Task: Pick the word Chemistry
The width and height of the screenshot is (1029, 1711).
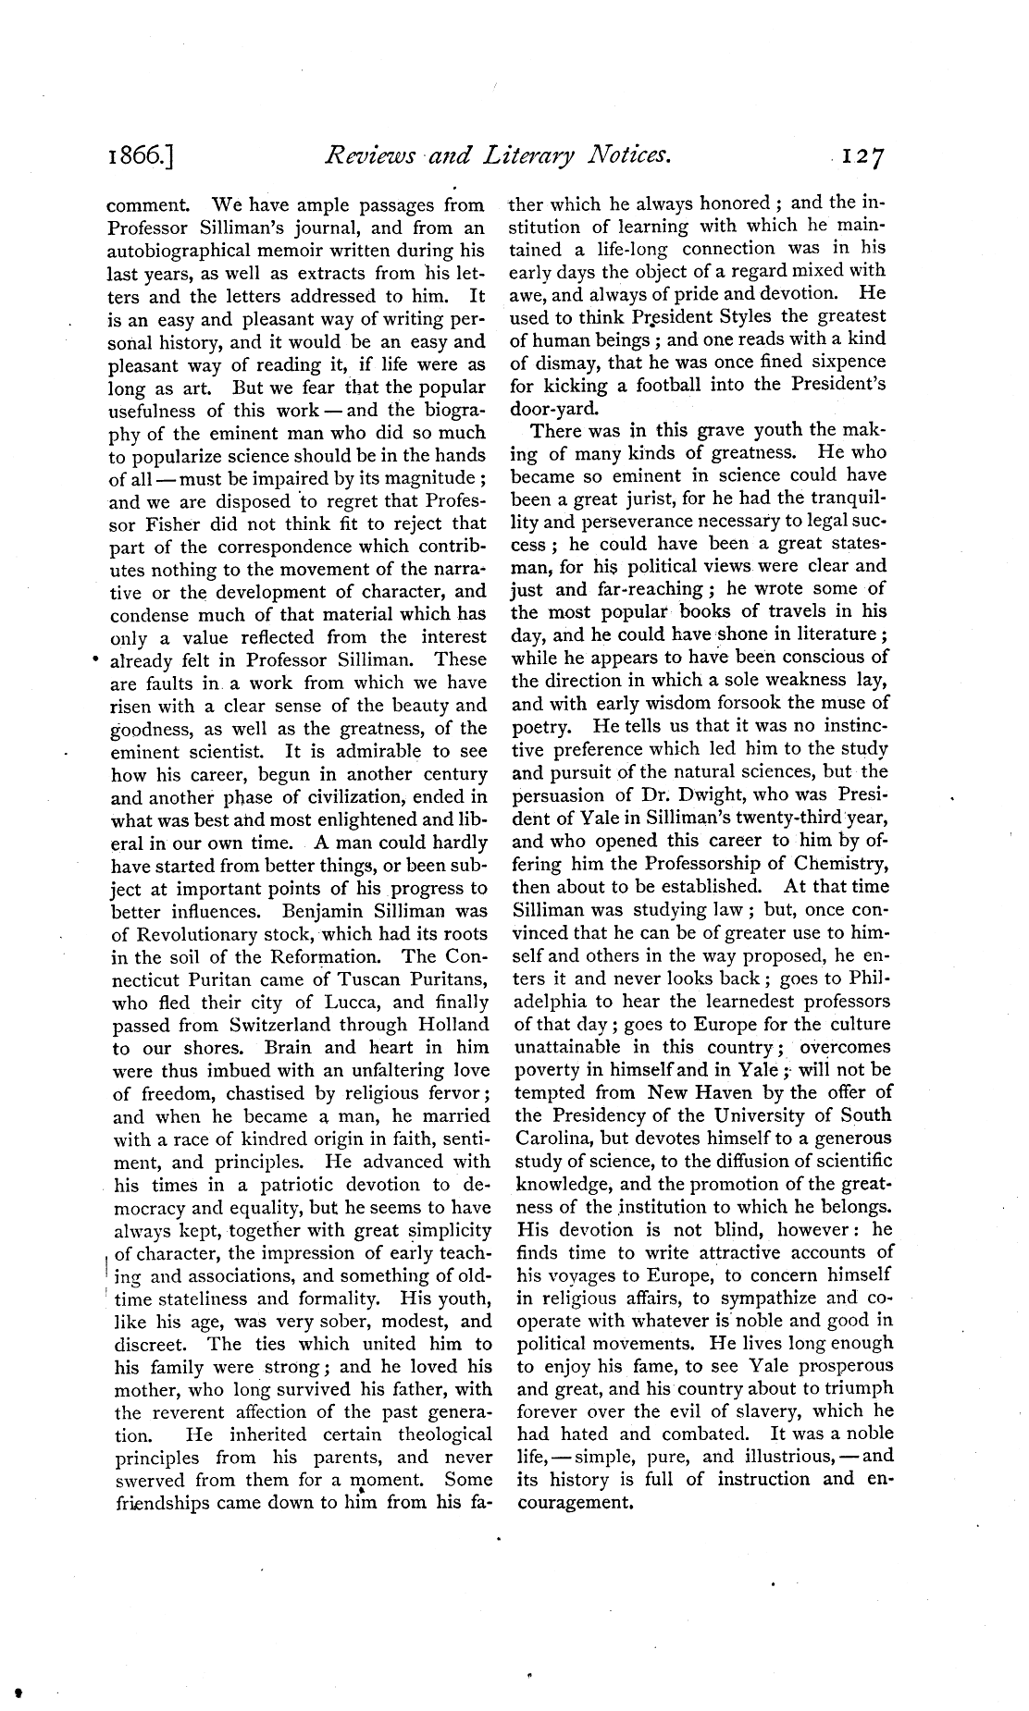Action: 843,863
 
